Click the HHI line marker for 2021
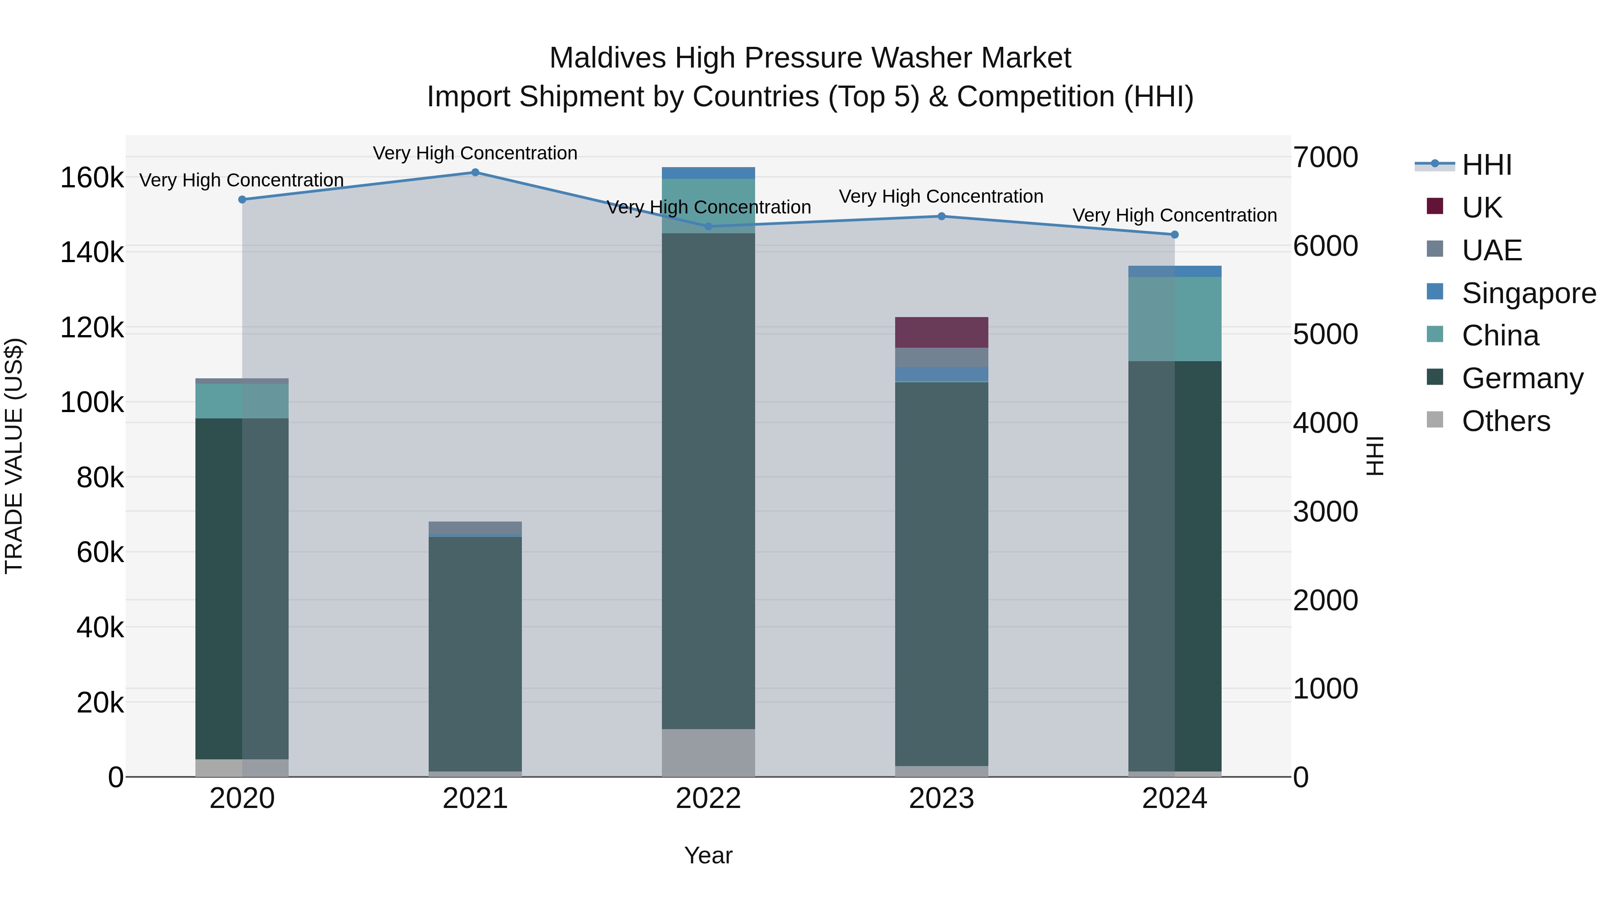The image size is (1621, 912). pyautogui.click(x=475, y=172)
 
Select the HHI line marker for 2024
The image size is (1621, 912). pyautogui.click(x=1174, y=235)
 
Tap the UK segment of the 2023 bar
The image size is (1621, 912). pyautogui.click(x=942, y=332)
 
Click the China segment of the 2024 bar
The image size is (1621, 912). pyautogui.click(x=1174, y=319)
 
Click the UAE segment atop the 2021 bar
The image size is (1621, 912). pyautogui.click(x=475, y=527)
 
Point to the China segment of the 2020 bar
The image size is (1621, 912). pyautogui.click(x=242, y=401)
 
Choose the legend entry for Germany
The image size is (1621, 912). pyautogui.click(x=1521, y=378)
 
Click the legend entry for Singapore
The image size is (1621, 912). pyautogui.click(x=1528, y=293)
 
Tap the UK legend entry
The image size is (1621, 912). pyautogui.click(x=1481, y=208)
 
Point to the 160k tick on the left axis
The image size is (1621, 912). pyautogui.click(x=92, y=178)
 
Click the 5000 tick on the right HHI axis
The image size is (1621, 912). pyautogui.click(x=1325, y=334)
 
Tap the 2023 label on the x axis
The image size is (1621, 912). pyautogui.click(x=942, y=799)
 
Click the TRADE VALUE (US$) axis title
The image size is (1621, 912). pyautogui.click(x=14, y=456)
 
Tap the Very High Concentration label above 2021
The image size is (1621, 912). pyautogui.click(x=475, y=153)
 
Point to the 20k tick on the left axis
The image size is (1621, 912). pyautogui.click(x=100, y=703)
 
